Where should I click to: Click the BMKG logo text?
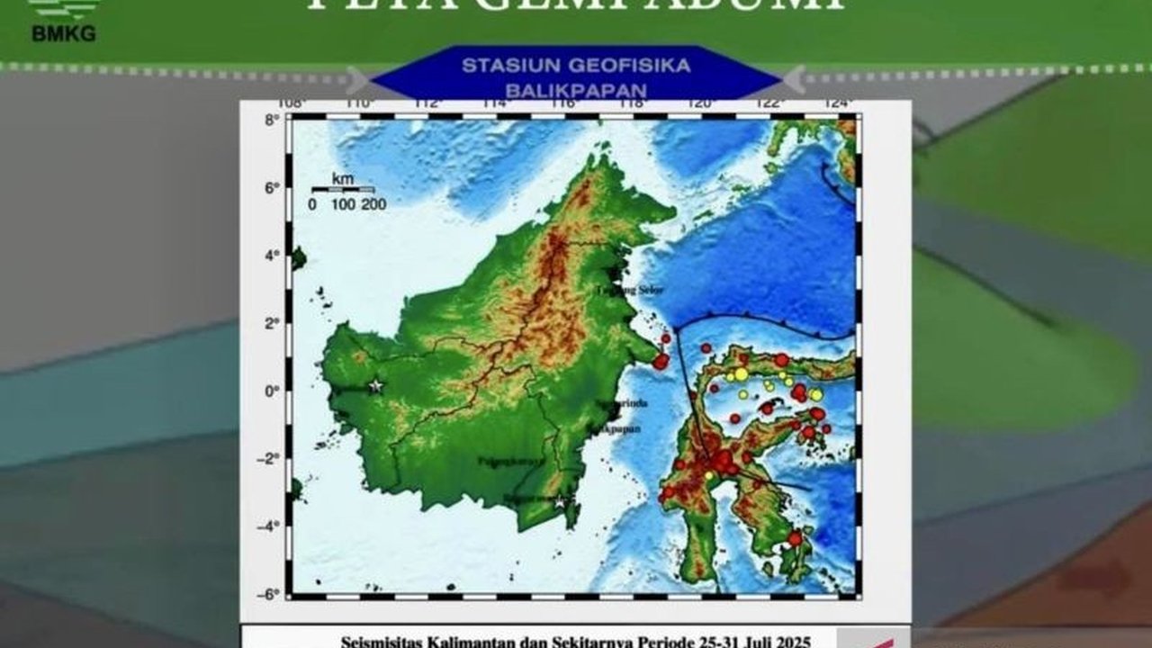point(63,34)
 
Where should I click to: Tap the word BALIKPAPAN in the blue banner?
point(576,91)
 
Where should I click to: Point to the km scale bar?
point(342,189)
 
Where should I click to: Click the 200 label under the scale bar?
point(374,205)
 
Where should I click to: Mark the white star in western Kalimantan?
point(376,386)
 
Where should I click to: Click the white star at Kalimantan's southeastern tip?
point(561,502)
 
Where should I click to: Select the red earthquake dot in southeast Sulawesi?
point(795,539)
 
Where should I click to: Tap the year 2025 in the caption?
point(793,642)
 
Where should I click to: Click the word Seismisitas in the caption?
point(380,642)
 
